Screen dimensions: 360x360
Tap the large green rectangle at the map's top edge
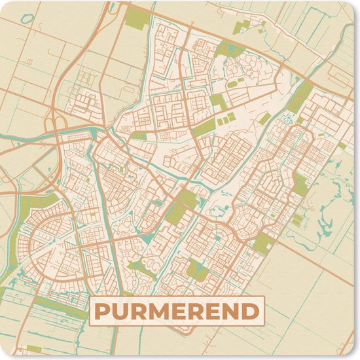[x=138, y=18]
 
